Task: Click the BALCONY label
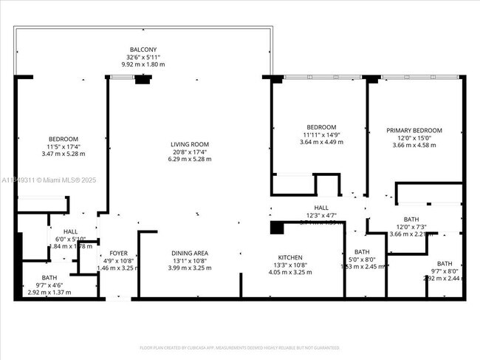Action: click(143, 48)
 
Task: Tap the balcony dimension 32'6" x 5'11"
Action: click(143, 56)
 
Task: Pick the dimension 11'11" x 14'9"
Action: click(321, 135)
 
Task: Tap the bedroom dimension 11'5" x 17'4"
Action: click(63, 146)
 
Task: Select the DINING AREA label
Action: click(190, 253)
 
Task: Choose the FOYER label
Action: click(118, 253)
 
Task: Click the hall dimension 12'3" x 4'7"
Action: click(321, 215)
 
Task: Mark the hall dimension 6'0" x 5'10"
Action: click(70, 238)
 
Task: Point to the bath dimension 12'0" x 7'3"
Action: click(411, 227)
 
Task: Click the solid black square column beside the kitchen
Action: click(277, 228)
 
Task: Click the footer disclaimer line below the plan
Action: click(239, 347)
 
